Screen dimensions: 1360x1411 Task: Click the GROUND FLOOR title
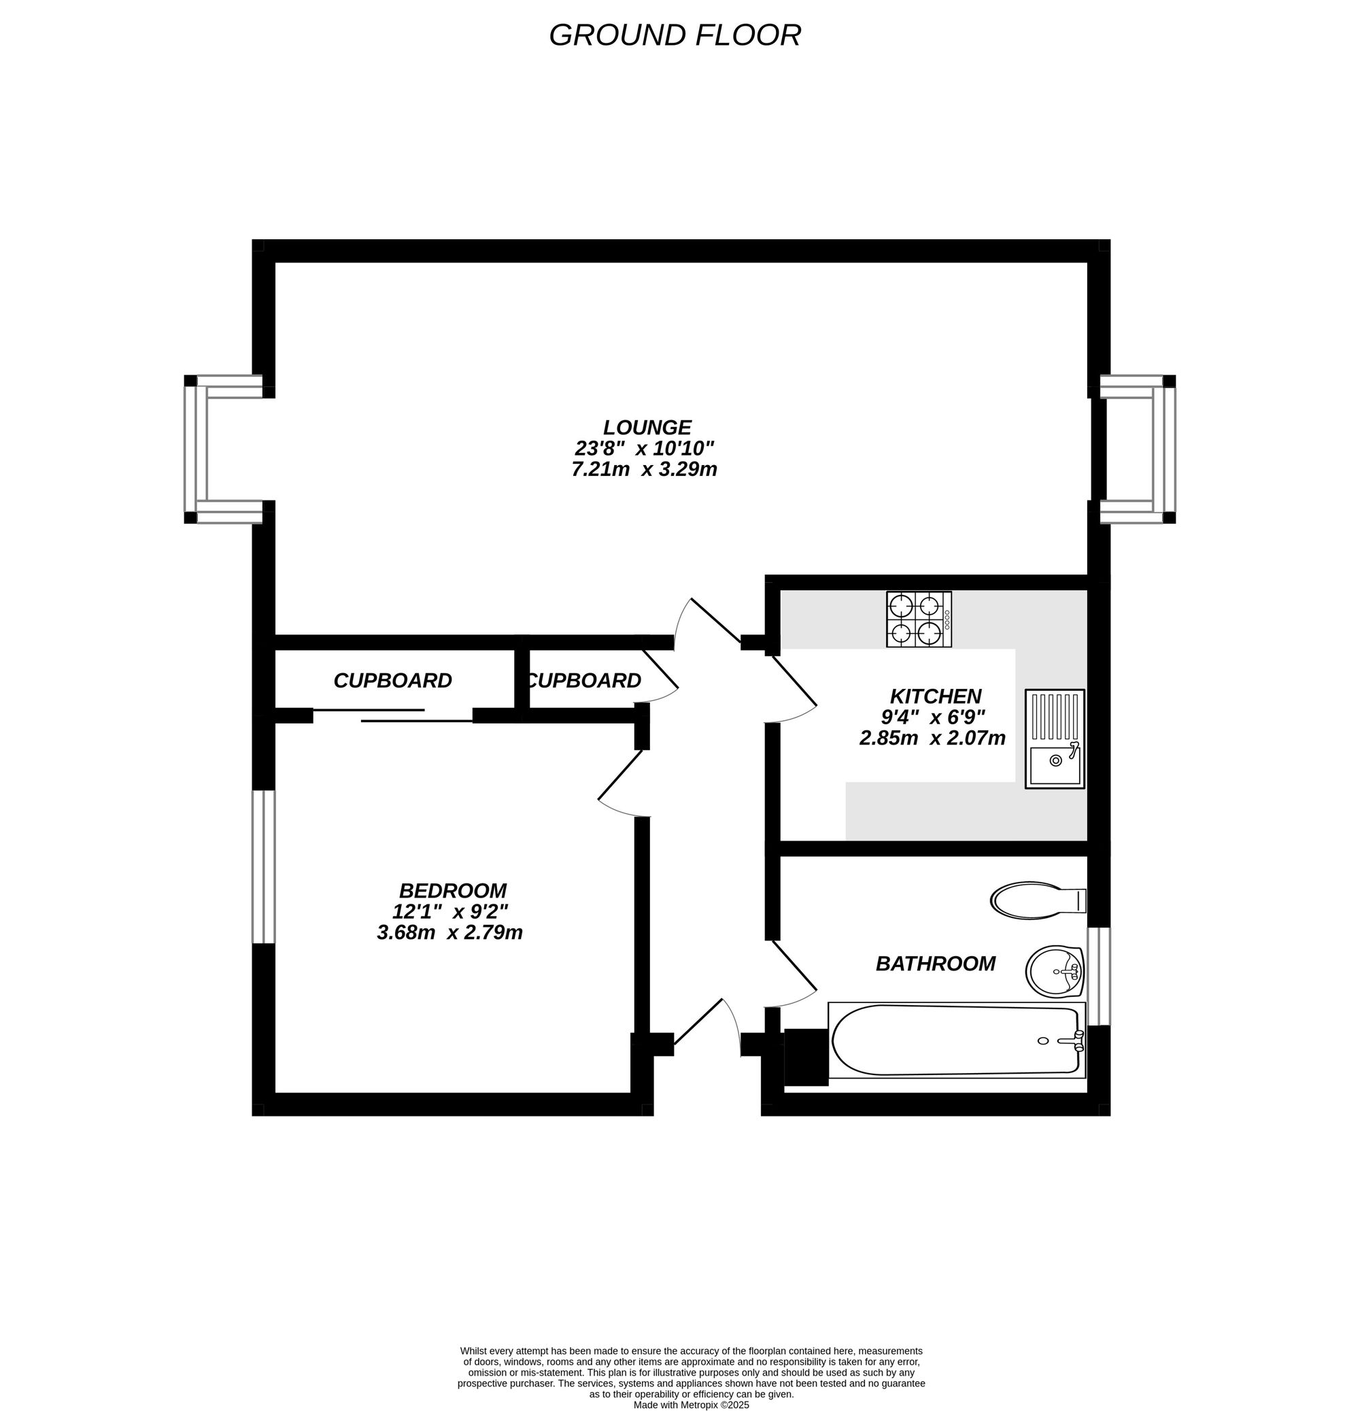(675, 35)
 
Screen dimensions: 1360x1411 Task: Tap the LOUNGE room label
(647, 428)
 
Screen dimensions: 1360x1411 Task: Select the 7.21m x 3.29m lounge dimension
(645, 469)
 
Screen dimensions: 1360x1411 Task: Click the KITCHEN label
(936, 696)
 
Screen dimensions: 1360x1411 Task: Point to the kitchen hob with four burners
(919, 619)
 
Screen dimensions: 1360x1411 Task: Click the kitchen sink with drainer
(1055, 738)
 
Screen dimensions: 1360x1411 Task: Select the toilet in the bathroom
(1038, 900)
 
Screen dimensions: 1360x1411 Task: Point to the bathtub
(956, 1040)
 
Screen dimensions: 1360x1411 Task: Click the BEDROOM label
(453, 891)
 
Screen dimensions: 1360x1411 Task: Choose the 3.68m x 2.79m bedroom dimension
(449, 932)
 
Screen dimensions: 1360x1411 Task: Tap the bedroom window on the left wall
(264, 867)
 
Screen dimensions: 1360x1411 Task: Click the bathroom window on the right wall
(1099, 976)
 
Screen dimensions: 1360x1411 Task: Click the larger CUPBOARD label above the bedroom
(392, 680)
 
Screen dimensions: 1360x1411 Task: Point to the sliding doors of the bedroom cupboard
(392, 715)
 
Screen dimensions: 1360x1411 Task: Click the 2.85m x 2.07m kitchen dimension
(932, 738)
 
